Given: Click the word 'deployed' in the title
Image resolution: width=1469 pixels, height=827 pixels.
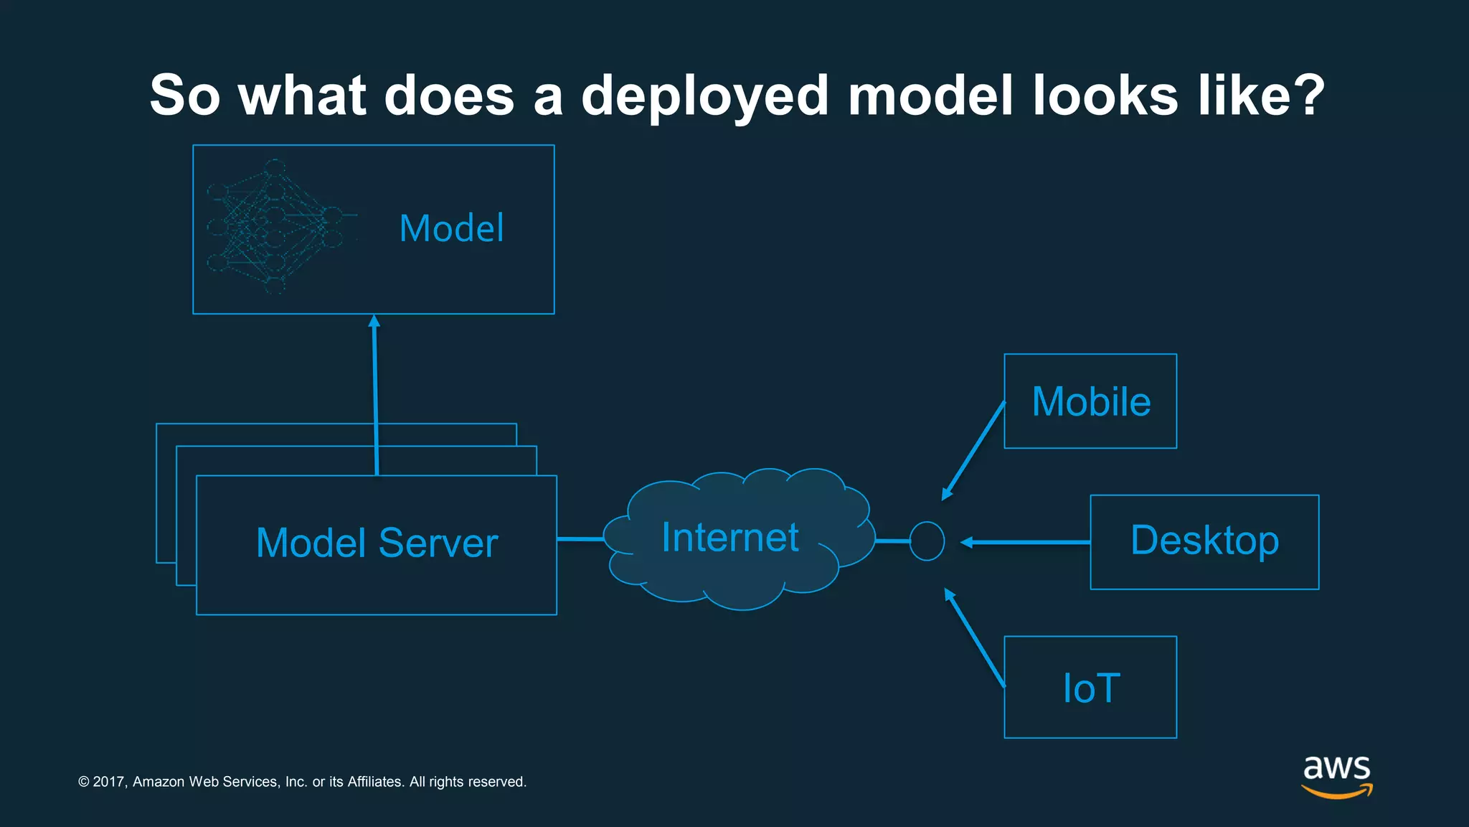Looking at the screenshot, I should click(x=704, y=96).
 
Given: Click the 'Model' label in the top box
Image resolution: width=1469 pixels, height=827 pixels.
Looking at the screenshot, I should click(x=451, y=228).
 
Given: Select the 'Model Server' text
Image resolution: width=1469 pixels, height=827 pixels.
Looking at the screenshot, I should click(x=377, y=543).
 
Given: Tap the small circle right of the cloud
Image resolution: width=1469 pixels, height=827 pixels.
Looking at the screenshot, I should click(x=927, y=541).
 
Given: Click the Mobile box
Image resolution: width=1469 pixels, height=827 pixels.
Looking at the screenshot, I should click(x=1090, y=401).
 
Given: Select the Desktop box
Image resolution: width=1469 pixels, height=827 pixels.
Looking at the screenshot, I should click(x=1204, y=541).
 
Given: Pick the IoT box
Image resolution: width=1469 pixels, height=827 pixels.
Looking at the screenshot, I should click(x=1090, y=687).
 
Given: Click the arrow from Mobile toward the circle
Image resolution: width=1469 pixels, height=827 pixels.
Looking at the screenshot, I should click(x=973, y=451).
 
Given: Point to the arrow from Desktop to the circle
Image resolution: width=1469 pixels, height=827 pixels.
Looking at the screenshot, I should click(x=1026, y=542).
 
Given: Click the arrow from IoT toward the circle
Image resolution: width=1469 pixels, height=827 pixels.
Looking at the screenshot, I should click(x=975, y=637).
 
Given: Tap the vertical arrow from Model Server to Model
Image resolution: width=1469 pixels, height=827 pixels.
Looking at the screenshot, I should click(x=375, y=395).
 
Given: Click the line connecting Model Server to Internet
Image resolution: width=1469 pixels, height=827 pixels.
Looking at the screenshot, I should click(x=580, y=538).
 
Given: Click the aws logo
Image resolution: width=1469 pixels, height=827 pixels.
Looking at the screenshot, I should click(x=1336, y=775).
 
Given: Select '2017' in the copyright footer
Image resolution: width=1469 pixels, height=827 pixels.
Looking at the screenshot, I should click(x=109, y=782).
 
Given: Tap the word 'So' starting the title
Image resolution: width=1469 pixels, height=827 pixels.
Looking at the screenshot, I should click(x=184, y=95).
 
